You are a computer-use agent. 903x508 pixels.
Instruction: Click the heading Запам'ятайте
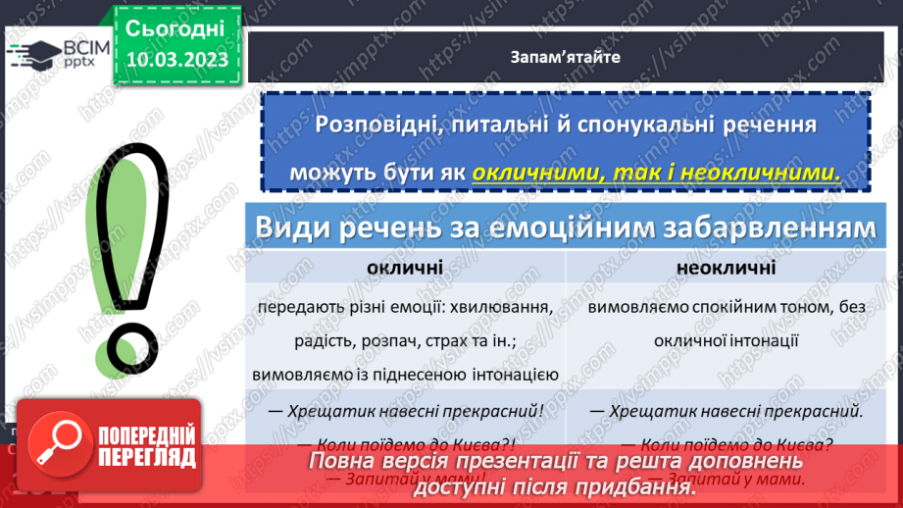[x=565, y=57]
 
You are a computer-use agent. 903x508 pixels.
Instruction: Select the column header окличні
[x=404, y=268]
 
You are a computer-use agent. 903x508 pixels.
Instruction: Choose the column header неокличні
[x=726, y=268]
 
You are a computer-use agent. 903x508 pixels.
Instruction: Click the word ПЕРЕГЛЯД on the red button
[x=147, y=457]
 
